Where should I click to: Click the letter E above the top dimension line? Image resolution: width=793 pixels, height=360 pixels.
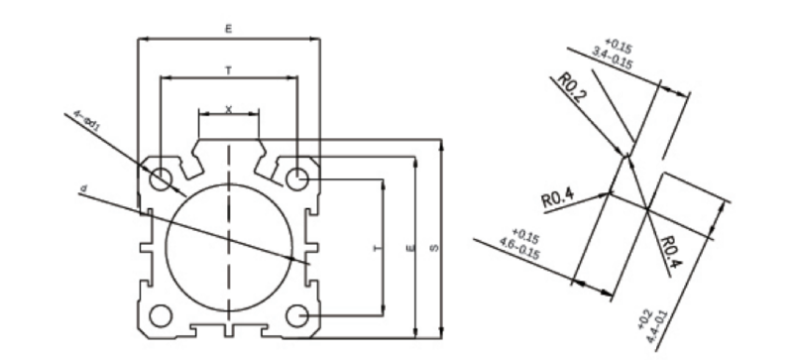pos(229,31)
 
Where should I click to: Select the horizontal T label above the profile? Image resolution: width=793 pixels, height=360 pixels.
pos(229,69)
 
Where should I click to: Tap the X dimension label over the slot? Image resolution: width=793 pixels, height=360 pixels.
pos(229,108)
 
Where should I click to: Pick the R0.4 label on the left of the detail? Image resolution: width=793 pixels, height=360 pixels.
pos(558,198)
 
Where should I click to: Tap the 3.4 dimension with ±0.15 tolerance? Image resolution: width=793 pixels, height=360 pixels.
pos(613,52)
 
